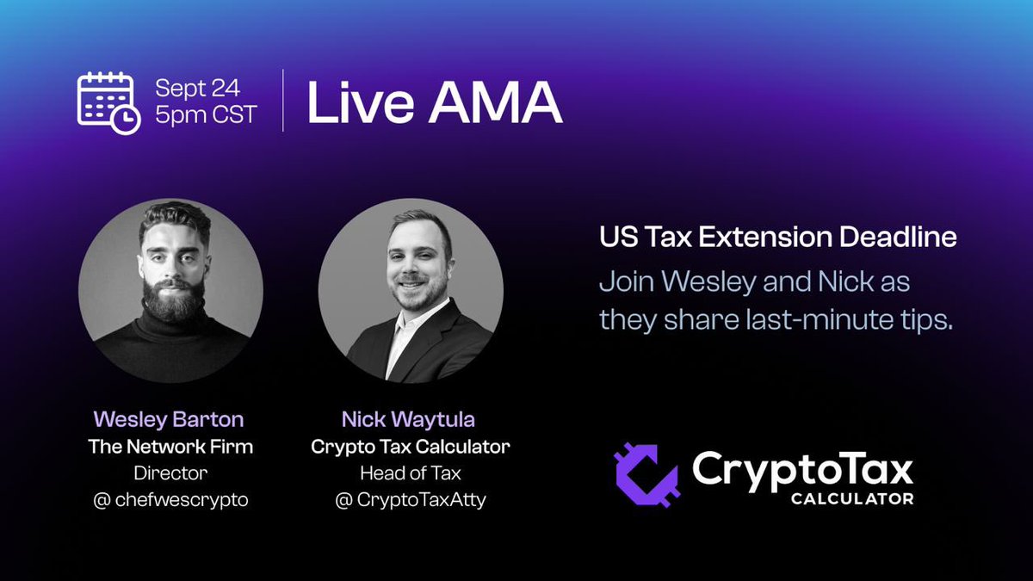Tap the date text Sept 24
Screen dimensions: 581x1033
[x=197, y=88]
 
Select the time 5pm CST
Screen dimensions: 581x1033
[x=206, y=114]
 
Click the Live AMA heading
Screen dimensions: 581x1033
[x=435, y=104]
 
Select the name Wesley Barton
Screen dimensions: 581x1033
[x=169, y=420]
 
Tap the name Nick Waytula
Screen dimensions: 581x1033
[x=411, y=421]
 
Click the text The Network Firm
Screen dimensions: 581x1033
[x=170, y=448]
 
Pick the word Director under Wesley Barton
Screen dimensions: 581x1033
[x=170, y=473]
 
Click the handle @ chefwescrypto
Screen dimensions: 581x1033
[x=170, y=500]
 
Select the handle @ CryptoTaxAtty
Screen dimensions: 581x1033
[x=411, y=500]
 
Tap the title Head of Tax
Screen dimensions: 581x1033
[x=411, y=473]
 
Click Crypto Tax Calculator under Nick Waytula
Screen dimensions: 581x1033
[x=411, y=448]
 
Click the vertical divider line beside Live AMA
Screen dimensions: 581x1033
[x=283, y=102]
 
